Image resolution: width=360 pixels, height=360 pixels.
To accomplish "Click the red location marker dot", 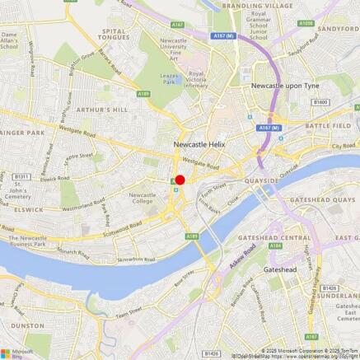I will [180, 179].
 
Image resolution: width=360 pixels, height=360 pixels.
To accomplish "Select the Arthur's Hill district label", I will [98, 109].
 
